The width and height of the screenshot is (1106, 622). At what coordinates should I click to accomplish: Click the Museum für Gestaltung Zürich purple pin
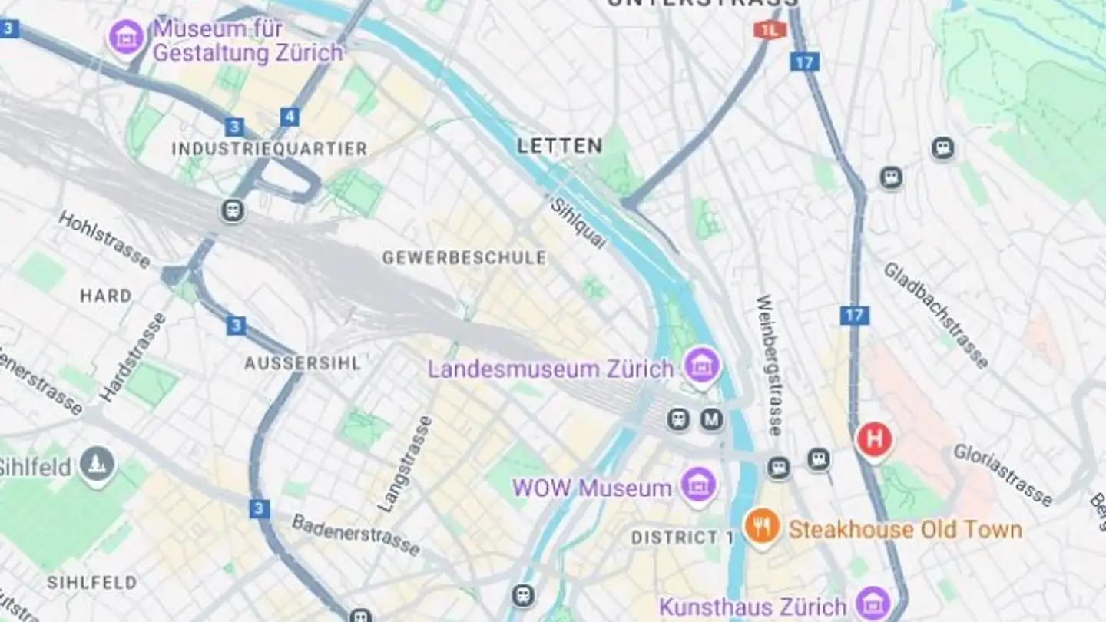pyautogui.click(x=126, y=36)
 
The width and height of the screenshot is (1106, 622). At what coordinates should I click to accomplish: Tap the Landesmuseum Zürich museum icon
pyautogui.click(x=702, y=365)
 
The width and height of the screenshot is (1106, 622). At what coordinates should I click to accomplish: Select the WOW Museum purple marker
pyautogui.click(x=699, y=485)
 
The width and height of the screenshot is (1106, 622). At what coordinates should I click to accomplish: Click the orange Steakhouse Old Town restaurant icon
pyautogui.click(x=762, y=528)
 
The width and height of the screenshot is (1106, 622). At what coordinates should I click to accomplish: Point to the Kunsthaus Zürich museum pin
pyautogui.click(x=873, y=602)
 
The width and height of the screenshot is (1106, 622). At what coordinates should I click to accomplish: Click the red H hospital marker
pyautogui.click(x=874, y=440)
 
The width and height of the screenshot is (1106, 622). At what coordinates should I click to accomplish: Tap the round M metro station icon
pyautogui.click(x=712, y=419)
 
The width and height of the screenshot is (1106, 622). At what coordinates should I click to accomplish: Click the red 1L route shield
pyautogui.click(x=769, y=30)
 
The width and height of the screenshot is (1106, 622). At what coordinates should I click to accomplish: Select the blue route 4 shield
pyautogui.click(x=289, y=117)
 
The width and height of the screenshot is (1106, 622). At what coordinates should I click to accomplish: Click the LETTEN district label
pyautogui.click(x=559, y=146)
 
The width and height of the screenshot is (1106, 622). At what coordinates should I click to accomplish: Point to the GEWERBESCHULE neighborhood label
pyautogui.click(x=464, y=258)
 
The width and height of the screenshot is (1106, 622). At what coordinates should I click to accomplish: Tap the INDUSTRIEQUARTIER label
pyautogui.click(x=269, y=148)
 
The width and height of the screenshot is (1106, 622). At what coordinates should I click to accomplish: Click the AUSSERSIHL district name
pyautogui.click(x=302, y=363)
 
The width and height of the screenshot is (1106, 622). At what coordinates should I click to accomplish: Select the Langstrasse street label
pyautogui.click(x=406, y=464)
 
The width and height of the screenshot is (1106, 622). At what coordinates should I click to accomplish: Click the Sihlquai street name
pyautogui.click(x=578, y=223)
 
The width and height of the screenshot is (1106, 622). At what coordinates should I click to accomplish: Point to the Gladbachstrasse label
pyautogui.click(x=935, y=315)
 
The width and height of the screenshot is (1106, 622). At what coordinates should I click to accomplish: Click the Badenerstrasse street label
pyautogui.click(x=356, y=534)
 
